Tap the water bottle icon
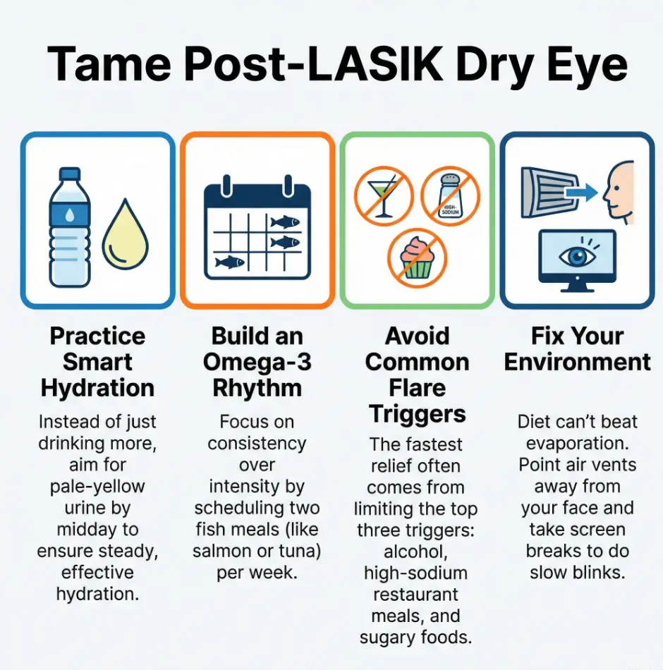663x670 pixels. click(69, 226)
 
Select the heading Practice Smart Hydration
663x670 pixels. click(97, 362)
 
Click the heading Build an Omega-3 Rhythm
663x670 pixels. click(257, 362)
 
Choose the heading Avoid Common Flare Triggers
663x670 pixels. click(417, 374)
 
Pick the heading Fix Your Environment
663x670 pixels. click(577, 349)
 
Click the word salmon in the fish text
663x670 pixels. click(224, 551)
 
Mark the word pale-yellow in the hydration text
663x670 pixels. click(97, 486)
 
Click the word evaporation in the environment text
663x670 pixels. click(577, 444)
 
